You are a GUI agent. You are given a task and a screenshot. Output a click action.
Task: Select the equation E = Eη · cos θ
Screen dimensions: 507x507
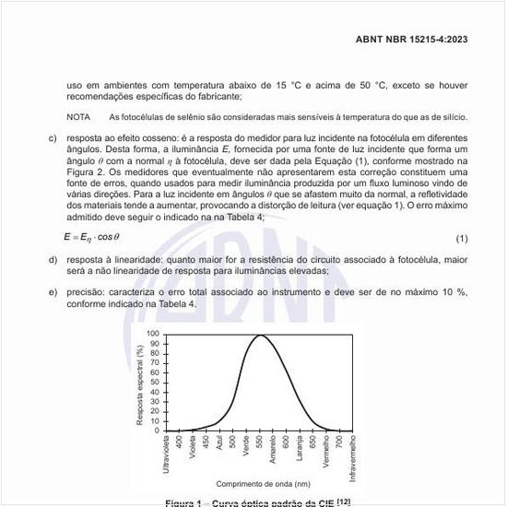pyautogui.click(x=96, y=238)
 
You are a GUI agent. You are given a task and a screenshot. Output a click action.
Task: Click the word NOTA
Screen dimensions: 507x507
pyautogui.click(x=78, y=117)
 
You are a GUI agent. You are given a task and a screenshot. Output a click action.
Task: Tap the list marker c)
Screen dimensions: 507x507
pyautogui.click(x=53, y=137)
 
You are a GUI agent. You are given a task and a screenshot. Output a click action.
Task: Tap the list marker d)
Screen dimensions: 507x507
pyautogui.click(x=53, y=260)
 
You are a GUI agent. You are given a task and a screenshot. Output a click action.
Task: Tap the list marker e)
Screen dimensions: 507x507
pyautogui.click(x=53, y=292)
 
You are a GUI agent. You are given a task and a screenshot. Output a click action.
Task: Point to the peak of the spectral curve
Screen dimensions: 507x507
pyautogui.click(x=262, y=336)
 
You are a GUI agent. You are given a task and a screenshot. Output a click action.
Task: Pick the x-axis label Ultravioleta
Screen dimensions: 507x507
pyautogui.click(x=166, y=455)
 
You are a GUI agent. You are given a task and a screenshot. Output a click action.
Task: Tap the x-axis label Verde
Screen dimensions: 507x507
pyautogui.click(x=246, y=446)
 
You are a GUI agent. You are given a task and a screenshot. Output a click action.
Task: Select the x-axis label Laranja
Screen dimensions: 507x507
pyautogui.click(x=300, y=449)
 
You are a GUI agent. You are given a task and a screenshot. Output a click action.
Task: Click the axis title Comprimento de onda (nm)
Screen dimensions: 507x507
pyautogui.click(x=263, y=483)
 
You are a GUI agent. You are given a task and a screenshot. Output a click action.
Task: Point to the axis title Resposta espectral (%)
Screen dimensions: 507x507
pyautogui.click(x=139, y=385)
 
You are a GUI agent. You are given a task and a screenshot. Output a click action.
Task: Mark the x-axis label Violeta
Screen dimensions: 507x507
pyautogui.click(x=193, y=448)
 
